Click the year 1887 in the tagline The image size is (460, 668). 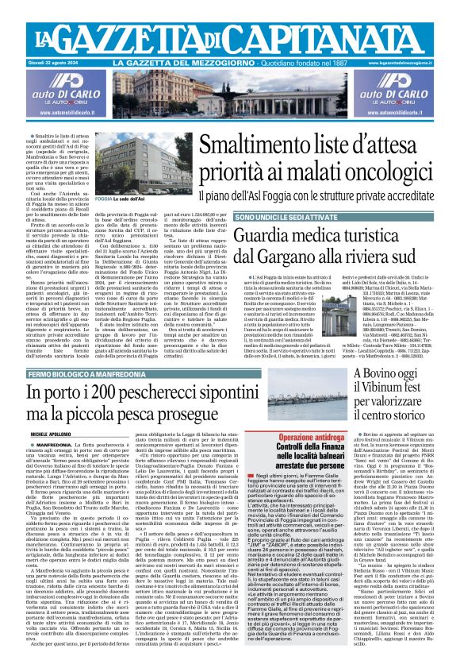[341, 63]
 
